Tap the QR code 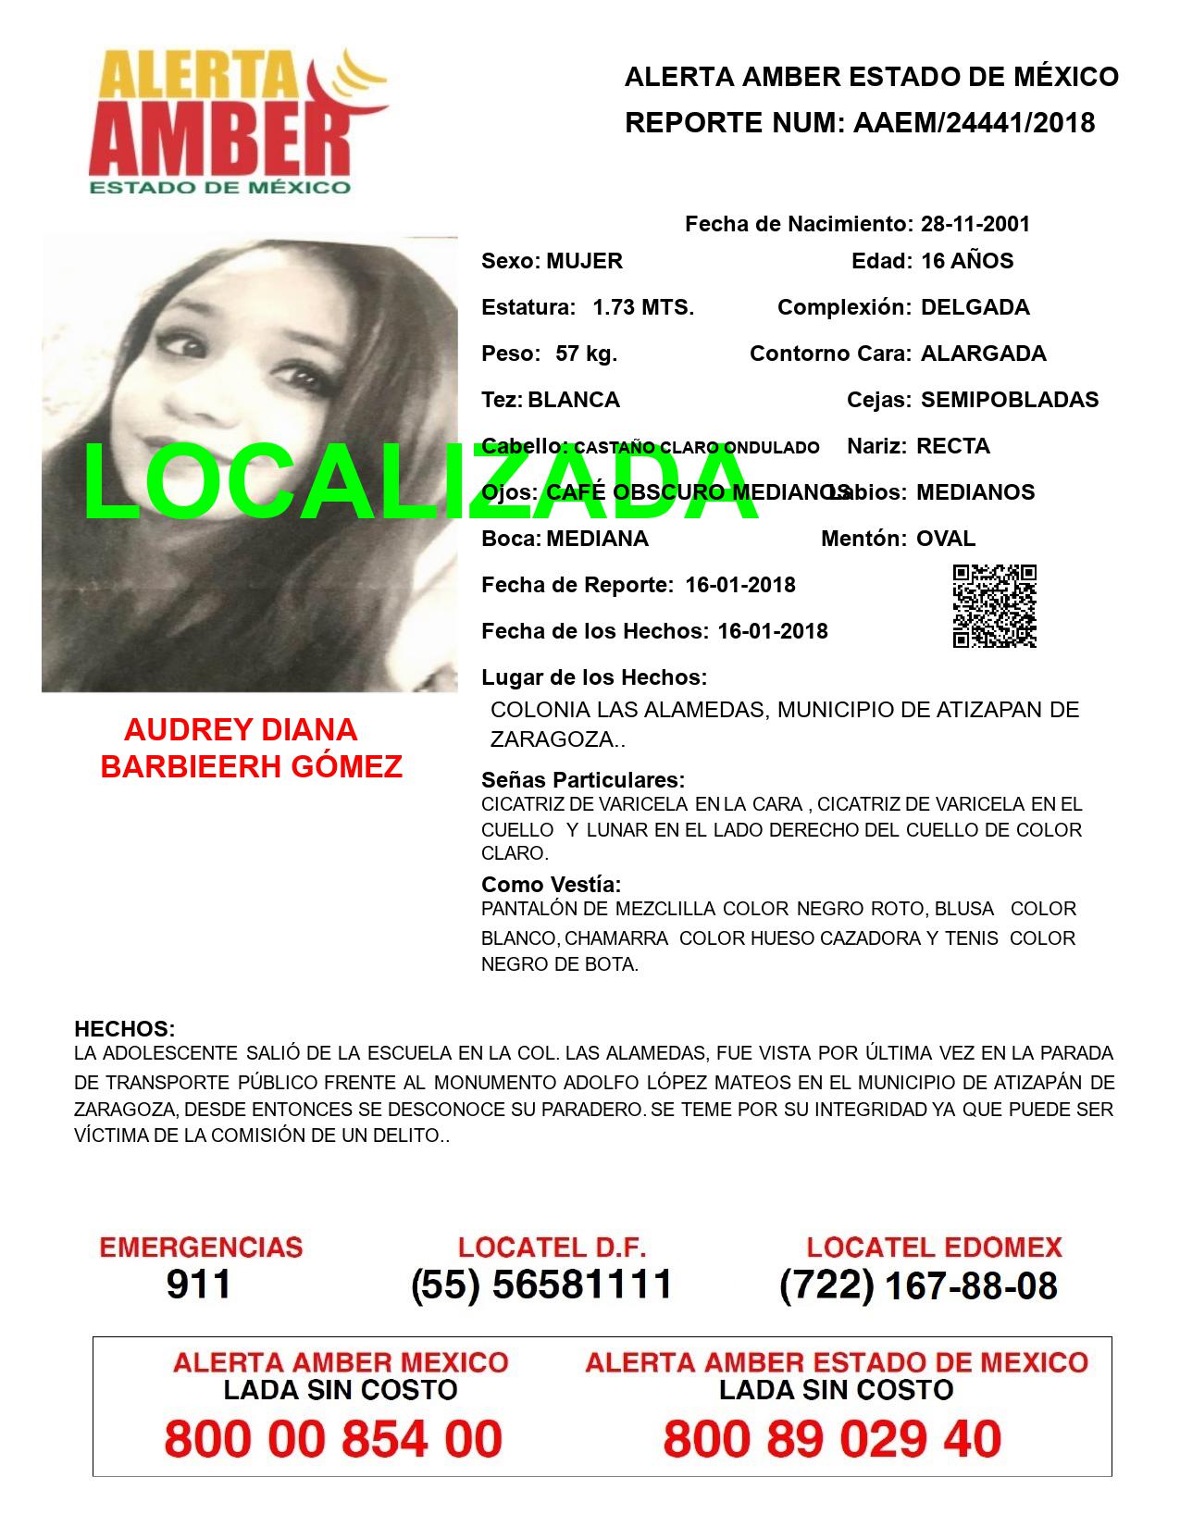click(994, 606)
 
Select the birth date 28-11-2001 click(975, 224)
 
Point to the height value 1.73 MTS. click(643, 307)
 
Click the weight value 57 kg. click(586, 354)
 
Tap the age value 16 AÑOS click(967, 261)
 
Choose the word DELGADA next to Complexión click(975, 307)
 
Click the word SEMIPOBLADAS click(1010, 400)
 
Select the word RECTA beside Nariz click(952, 446)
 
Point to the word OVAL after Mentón click(945, 539)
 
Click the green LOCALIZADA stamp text click(421, 483)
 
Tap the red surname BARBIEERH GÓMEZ click(251, 766)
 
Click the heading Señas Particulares click(583, 780)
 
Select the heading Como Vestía click(551, 885)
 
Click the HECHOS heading click(124, 1029)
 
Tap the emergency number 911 click(199, 1285)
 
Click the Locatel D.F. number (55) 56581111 click(541, 1285)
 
